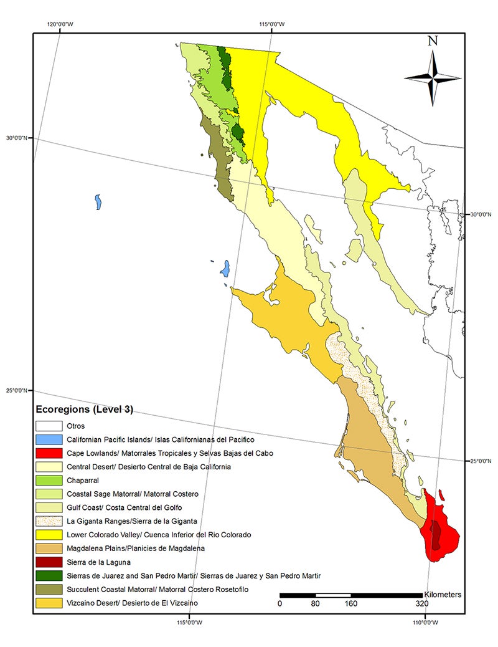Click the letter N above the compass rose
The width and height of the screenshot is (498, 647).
point(433,42)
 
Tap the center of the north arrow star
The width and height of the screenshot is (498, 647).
point(433,78)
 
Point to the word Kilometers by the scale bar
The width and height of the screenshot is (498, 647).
point(443,595)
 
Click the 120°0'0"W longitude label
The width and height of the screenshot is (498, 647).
point(60,26)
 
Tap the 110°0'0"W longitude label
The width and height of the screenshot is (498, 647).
point(425,621)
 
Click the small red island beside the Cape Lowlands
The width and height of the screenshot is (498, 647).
point(441,495)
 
